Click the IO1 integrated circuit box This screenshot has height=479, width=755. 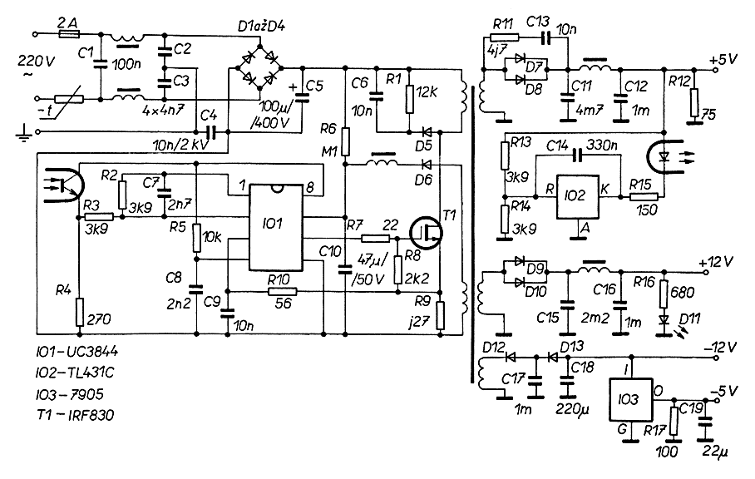click(x=274, y=225)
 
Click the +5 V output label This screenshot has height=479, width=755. click(x=723, y=61)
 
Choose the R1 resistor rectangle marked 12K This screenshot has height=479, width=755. click(x=408, y=98)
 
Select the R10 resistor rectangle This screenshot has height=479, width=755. click(x=282, y=292)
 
